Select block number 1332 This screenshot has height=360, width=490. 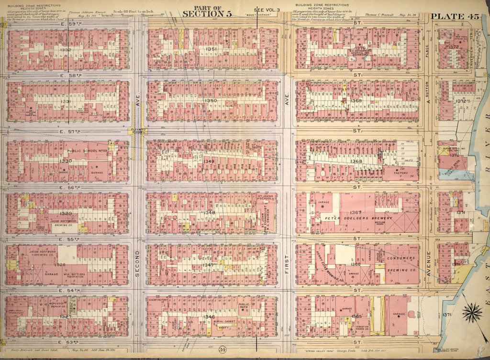tap(66, 50)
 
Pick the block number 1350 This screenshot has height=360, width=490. tap(211, 100)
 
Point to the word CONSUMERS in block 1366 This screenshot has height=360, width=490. tap(401, 259)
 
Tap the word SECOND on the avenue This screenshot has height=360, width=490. tap(137, 265)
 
